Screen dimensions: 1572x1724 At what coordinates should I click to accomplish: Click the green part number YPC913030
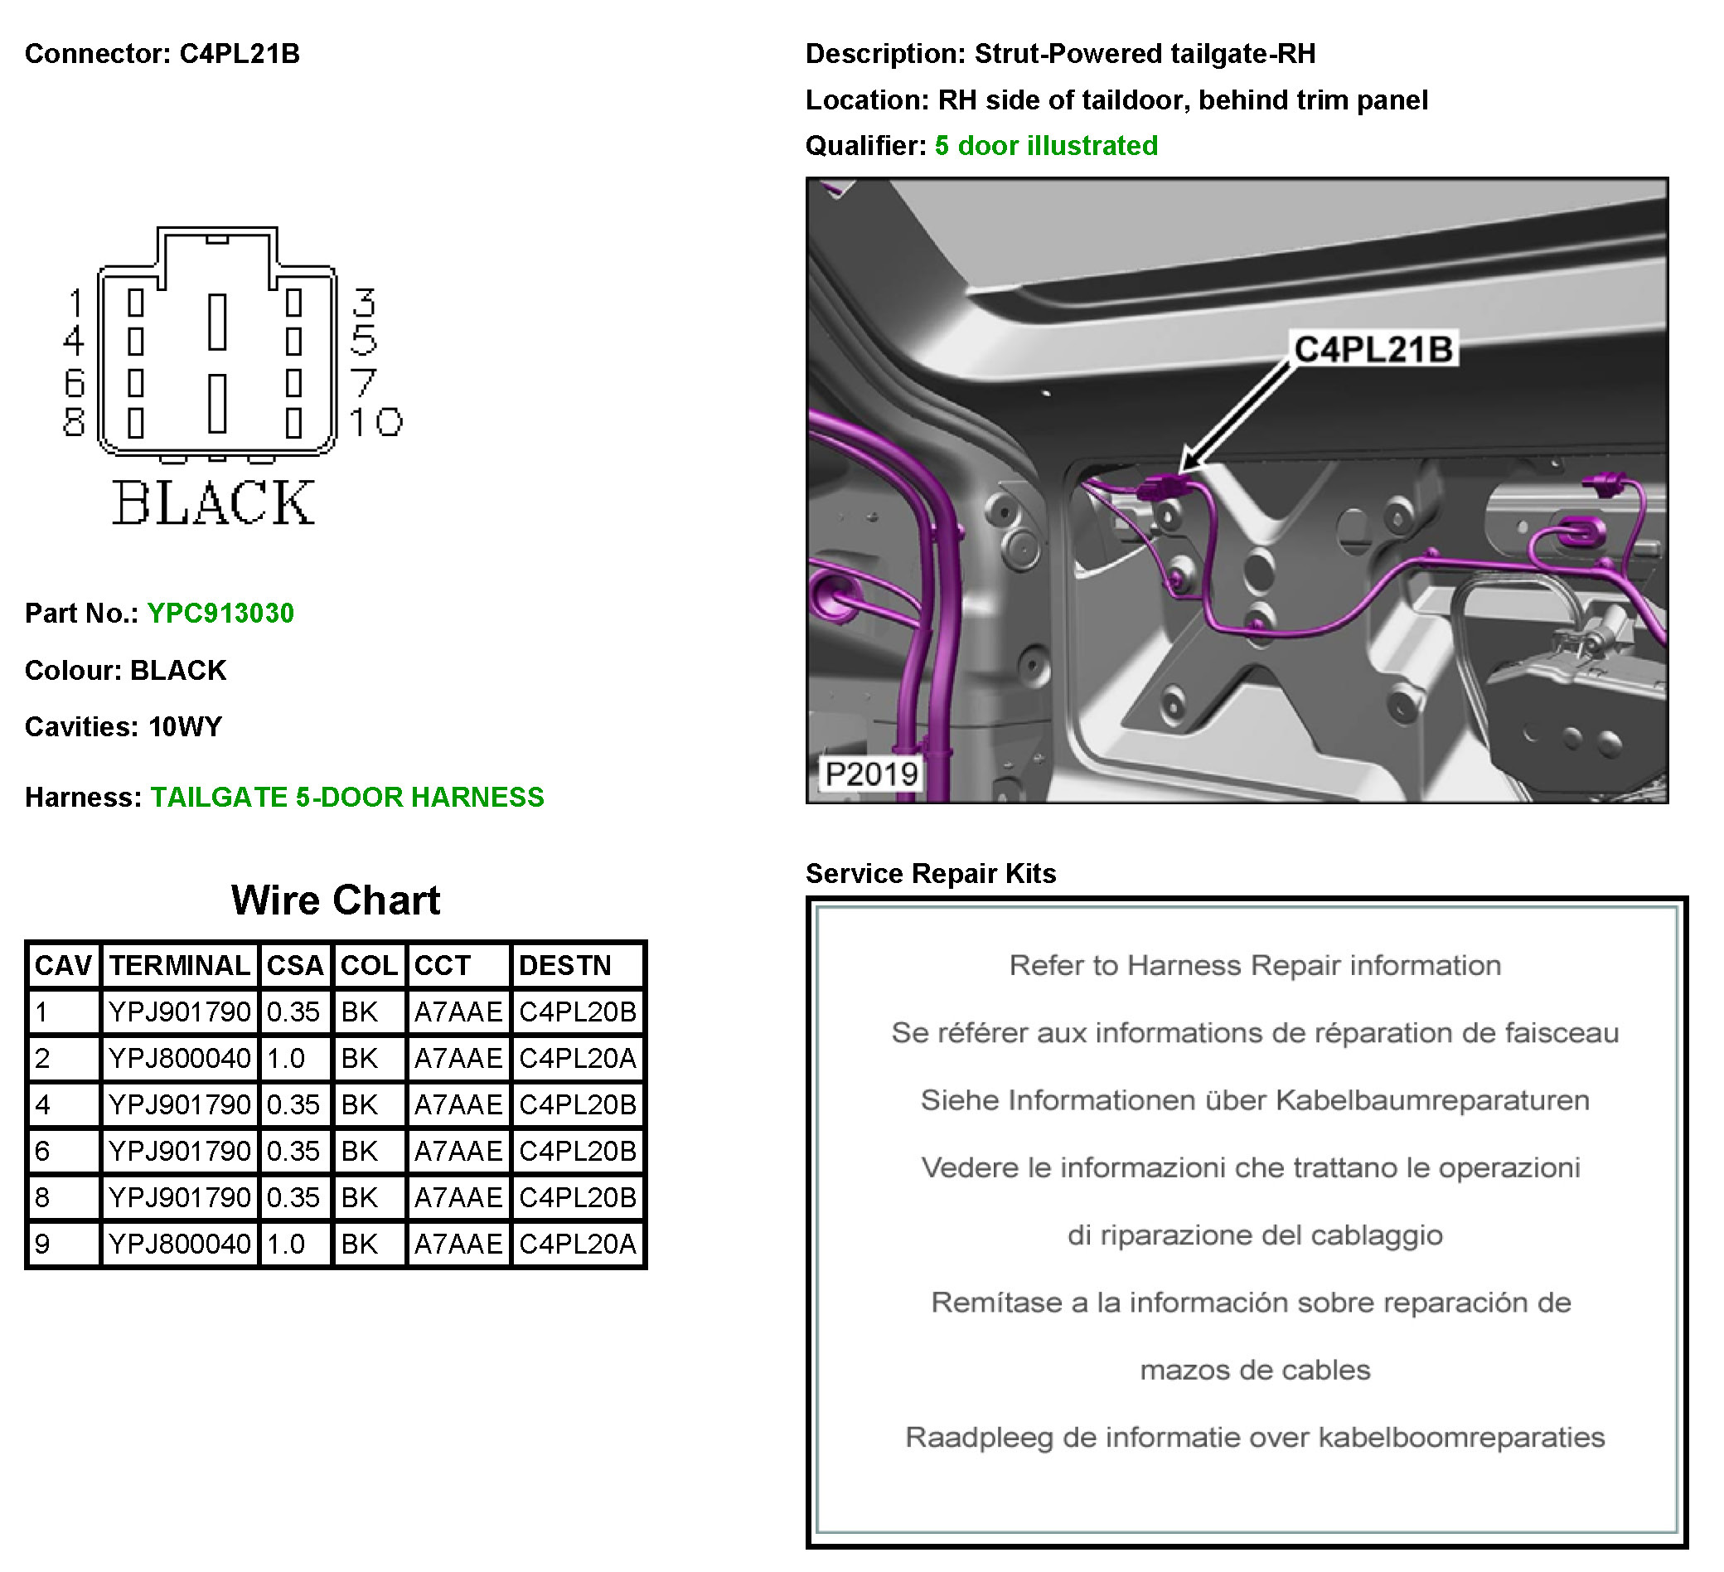pos(220,614)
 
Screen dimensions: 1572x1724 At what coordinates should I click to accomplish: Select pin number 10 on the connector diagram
pos(376,422)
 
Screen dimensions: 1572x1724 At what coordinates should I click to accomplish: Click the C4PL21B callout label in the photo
pos(1373,349)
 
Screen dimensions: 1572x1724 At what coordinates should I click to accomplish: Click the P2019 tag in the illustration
pos(870,774)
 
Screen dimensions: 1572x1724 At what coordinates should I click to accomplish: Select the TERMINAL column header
pos(180,966)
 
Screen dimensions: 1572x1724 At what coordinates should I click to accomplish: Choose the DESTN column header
pos(565,966)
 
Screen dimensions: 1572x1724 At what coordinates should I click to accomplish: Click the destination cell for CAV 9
pos(577,1244)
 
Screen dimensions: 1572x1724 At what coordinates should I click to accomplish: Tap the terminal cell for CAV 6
pos(180,1151)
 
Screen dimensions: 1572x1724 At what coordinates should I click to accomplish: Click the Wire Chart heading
pos(335,900)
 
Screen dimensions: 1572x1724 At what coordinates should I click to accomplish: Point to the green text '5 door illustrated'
pos(1046,145)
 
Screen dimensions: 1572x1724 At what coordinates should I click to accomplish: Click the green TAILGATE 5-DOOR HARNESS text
pos(347,797)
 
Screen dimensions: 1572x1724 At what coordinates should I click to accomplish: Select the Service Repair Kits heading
pos(931,873)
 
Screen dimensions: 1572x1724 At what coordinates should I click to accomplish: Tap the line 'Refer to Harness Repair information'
pos(1255,966)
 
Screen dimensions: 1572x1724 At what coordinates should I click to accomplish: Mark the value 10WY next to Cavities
pos(185,727)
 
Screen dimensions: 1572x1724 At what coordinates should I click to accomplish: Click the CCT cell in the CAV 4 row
pos(458,1105)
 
